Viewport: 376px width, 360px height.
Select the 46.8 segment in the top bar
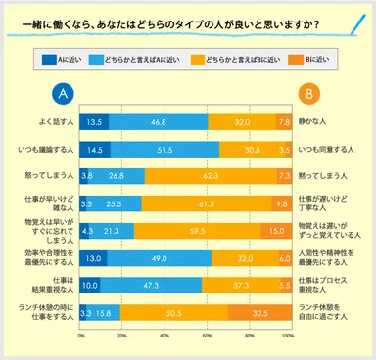[157, 122]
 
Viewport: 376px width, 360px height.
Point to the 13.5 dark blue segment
[94, 122]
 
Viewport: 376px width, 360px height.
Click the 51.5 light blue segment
[164, 150]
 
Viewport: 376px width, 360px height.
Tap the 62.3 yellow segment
[208, 177]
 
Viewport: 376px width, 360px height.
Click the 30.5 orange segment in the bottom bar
[257, 314]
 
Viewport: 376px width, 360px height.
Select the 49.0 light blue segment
[159, 259]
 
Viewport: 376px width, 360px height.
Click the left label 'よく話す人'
[40, 122]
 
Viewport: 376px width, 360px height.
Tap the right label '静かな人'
[315, 122]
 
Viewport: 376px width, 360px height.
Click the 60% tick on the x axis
[207, 335]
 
